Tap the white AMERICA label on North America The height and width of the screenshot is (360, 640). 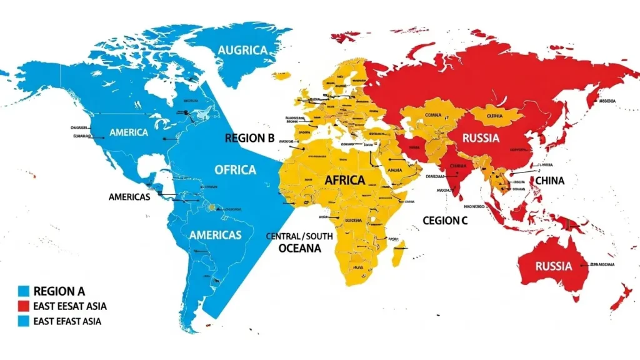click(128, 132)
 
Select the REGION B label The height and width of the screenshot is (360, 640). click(249, 138)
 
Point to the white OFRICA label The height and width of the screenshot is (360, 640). click(235, 169)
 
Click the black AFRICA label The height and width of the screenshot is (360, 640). click(344, 180)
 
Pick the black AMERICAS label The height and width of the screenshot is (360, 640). click(129, 196)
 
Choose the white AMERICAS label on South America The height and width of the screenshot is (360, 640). click(215, 235)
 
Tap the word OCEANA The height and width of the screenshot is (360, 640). click(299, 248)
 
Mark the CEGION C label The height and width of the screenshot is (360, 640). click(445, 221)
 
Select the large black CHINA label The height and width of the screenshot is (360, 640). click(549, 181)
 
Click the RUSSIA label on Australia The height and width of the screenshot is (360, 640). click(553, 266)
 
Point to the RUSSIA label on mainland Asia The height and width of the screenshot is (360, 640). click(481, 138)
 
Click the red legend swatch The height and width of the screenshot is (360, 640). click(24, 306)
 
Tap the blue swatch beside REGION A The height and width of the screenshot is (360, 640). click(24, 291)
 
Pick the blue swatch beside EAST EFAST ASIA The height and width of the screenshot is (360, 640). click(24, 321)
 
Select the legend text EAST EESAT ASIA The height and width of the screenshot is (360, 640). click(69, 306)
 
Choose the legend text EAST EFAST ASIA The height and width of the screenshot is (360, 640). click(67, 321)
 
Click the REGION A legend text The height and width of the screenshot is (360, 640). click(59, 291)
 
